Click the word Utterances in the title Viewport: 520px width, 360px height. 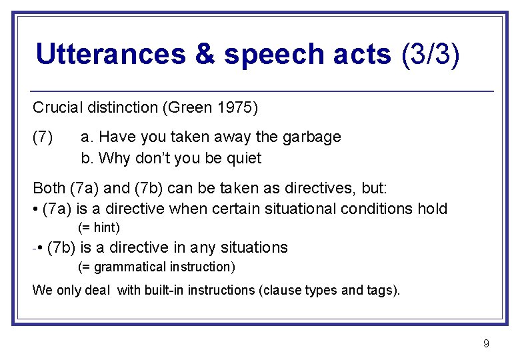(x=111, y=54)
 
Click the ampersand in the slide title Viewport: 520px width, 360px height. (x=204, y=54)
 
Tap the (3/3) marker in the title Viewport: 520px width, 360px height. (x=431, y=54)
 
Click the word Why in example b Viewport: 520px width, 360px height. (x=111, y=158)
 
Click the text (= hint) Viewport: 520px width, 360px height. (x=99, y=228)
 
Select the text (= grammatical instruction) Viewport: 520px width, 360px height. (x=157, y=267)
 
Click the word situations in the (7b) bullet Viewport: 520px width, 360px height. (x=254, y=247)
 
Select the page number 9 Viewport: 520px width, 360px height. (x=486, y=343)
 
